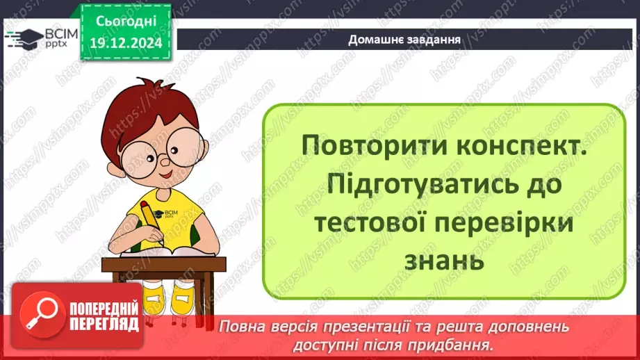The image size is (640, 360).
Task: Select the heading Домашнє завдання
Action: click(405, 39)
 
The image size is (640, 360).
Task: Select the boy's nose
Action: click(164, 159)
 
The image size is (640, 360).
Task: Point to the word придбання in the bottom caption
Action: click(459, 343)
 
